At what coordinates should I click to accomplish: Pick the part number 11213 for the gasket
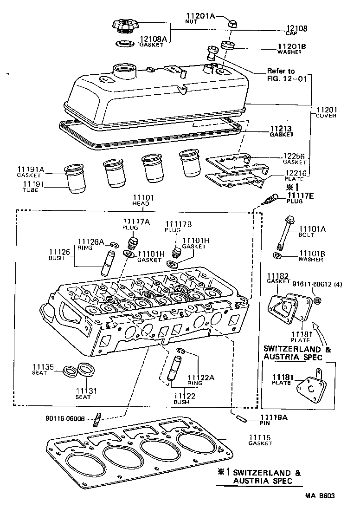point(282,129)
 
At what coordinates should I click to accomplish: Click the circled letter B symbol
point(318,301)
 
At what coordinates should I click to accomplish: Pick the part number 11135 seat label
point(43,367)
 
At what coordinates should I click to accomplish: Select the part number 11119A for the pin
point(274,417)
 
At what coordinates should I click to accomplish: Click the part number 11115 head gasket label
point(261,437)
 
